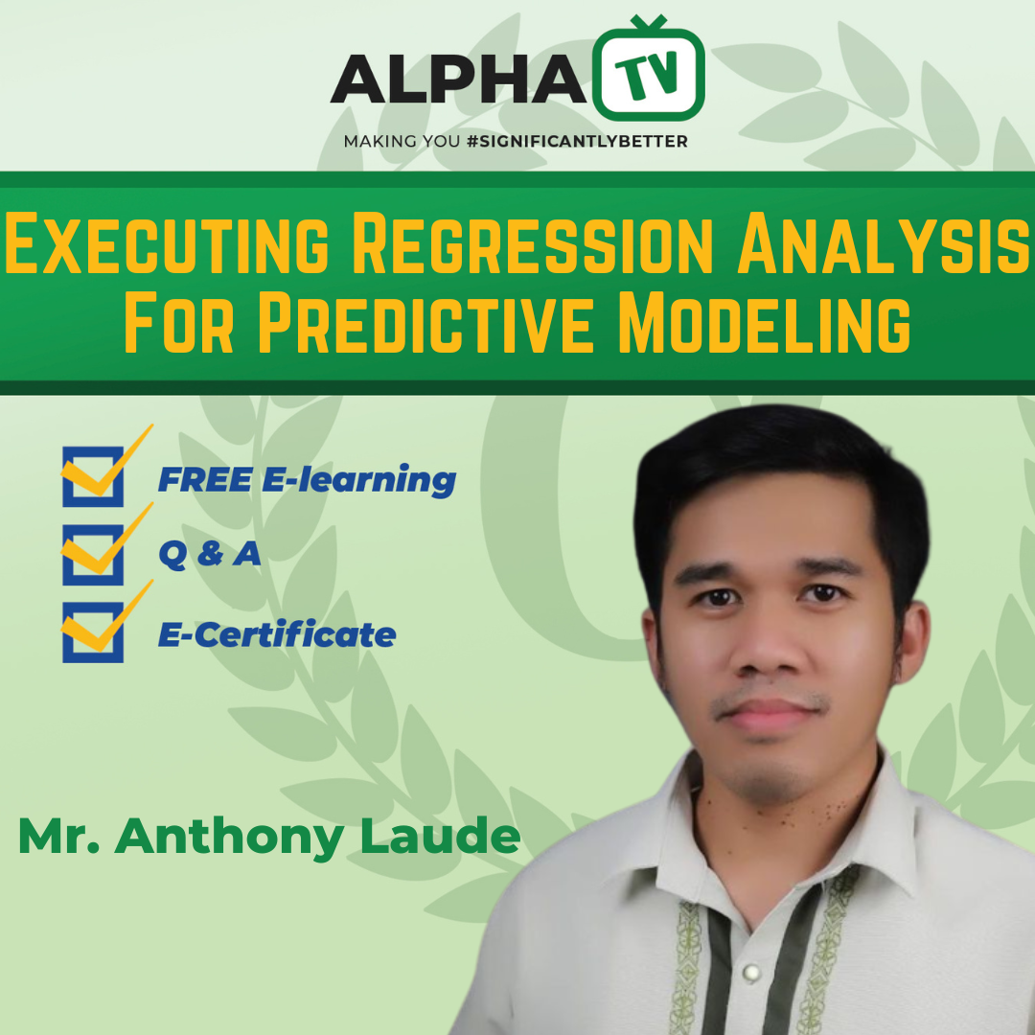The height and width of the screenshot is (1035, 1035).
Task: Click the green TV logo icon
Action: tap(649, 72)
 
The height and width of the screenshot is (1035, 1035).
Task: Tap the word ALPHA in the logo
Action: tap(458, 79)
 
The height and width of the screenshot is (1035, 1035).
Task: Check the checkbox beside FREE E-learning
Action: tap(93, 476)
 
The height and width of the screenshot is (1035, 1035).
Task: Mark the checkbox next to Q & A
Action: tap(93, 554)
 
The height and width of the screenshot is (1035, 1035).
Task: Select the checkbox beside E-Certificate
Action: tap(93, 632)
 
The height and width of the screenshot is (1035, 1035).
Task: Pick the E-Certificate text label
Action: tap(277, 634)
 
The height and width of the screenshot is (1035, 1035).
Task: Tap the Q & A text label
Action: tap(209, 555)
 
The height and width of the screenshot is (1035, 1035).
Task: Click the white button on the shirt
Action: tap(751, 973)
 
